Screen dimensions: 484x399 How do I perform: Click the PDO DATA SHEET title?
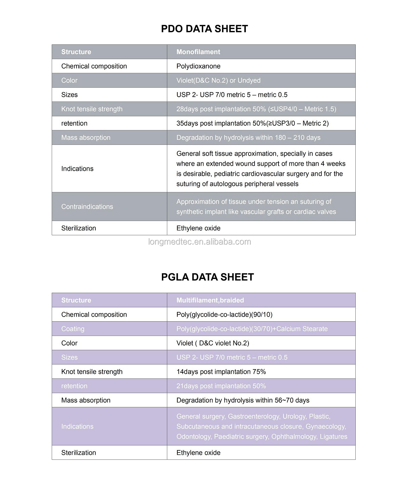click(x=204, y=29)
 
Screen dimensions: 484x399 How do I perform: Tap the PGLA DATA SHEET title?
click(x=207, y=277)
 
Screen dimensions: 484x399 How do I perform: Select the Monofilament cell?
click(x=198, y=52)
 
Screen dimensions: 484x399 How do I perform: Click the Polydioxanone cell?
click(x=198, y=66)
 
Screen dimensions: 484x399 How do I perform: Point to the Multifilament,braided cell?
click(x=210, y=300)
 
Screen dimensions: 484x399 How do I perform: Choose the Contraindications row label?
click(x=87, y=207)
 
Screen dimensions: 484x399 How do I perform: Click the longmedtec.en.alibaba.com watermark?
click(x=199, y=242)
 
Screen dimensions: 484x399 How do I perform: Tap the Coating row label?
click(x=73, y=329)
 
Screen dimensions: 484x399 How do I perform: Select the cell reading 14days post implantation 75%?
click(x=221, y=372)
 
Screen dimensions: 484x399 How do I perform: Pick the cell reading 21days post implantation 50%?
click(x=221, y=386)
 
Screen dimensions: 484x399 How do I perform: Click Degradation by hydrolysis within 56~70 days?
click(x=242, y=400)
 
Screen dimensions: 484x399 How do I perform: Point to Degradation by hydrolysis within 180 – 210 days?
click(x=248, y=138)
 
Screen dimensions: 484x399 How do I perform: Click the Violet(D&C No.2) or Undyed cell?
click(x=218, y=81)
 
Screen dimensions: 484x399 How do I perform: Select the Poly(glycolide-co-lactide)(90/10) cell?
click(x=224, y=315)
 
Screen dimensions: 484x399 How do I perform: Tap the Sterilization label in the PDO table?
click(x=79, y=228)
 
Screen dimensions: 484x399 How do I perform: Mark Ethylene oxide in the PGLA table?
click(x=198, y=453)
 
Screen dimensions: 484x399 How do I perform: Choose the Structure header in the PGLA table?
click(x=76, y=300)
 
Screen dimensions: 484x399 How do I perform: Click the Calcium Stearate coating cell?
click(x=252, y=329)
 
